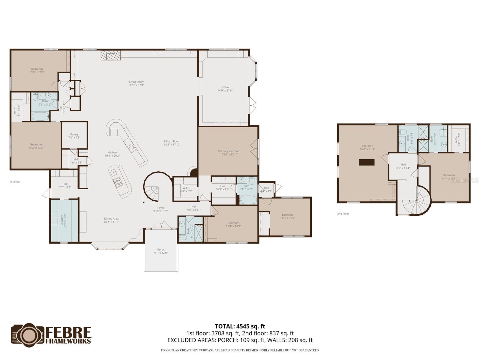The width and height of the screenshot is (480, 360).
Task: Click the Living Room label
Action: coord(136,82)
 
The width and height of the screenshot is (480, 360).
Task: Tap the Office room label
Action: coord(225,87)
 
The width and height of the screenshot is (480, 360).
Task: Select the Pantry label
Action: coord(74,134)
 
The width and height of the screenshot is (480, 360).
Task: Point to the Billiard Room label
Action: coord(172,141)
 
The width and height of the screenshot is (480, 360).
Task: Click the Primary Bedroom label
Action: coord(229,151)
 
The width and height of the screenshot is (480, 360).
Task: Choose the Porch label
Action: coord(161,250)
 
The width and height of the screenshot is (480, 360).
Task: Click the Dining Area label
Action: coord(111,219)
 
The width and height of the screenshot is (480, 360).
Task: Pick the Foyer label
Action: coord(161,208)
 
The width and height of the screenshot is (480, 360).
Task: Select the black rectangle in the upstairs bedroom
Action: coord(367,162)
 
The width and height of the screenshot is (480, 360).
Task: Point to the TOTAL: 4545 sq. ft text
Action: coord(240,326)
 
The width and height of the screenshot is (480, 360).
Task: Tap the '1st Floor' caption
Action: coord(15,181)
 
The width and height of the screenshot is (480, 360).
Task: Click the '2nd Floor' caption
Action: coord(343,214)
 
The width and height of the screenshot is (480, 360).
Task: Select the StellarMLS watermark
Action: coord(465,181)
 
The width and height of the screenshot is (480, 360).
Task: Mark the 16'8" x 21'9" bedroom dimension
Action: coord(367,149)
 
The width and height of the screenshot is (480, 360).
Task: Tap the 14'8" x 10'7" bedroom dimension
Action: coord(287,218)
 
